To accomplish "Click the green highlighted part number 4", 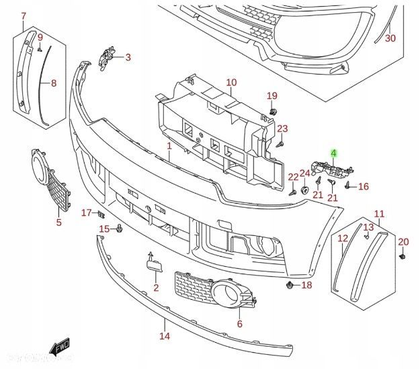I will coord(332,153).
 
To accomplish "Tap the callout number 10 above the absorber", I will coord(231,83).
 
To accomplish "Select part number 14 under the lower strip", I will coord(164,336).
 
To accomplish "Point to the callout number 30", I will coord(390,38).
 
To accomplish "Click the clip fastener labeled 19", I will coord(273,109).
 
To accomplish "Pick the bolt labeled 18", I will coord(290,286).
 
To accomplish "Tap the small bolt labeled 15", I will coord(119,230).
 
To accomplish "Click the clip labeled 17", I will coord(100,214).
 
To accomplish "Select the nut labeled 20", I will coord(401,256).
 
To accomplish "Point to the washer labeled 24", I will coord(304,189).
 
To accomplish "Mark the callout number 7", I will coord(24,15).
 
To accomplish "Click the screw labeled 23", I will coord(280,143).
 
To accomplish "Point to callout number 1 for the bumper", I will coord(169,146).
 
